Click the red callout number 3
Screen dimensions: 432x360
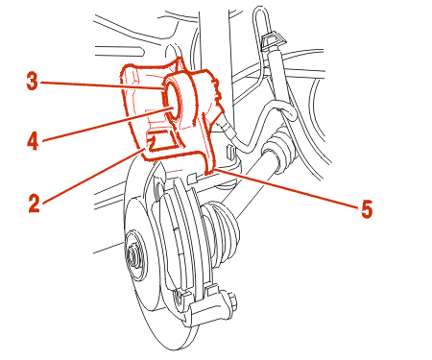pos(32,82)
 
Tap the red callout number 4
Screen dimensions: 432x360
pos(33,141)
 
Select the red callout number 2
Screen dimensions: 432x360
pos(34,204)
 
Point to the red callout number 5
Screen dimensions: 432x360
pos(367,209)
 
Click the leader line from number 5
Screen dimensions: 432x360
pos(286,189)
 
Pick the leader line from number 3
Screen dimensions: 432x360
pos(103,85)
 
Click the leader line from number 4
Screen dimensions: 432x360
pos(109,125)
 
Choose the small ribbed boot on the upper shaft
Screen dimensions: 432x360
pos(279,146)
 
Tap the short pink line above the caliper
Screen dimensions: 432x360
pos(174,171)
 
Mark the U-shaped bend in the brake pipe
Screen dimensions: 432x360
pos(287,112)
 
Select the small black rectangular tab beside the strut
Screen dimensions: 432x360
pos(229,151)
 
